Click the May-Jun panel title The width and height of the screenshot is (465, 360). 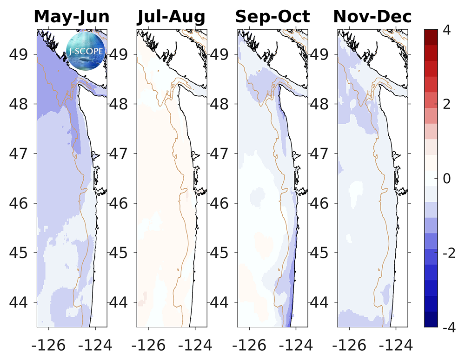tap(72, 17)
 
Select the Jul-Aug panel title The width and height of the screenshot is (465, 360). tap(171, 17)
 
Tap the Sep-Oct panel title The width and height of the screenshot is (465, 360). tap(272, 17)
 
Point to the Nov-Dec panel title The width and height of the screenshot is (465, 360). tap(372, 17)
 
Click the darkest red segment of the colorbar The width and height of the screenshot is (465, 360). tap(431, 37)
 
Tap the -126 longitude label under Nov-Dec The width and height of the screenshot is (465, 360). tap(349, 345)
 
